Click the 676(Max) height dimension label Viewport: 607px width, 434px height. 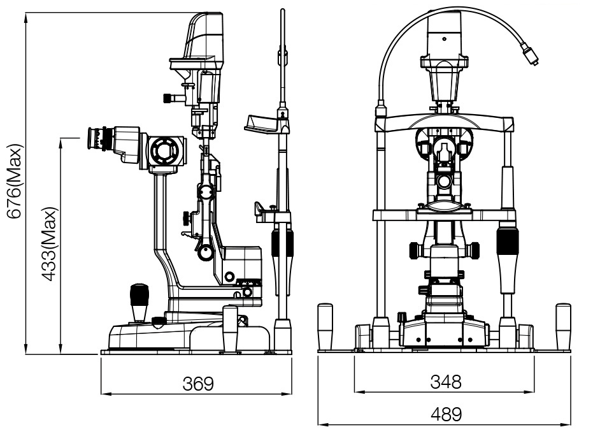[x=14, y=181]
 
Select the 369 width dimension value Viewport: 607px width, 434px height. [x=197, y=384]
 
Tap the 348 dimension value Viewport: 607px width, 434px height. [x=445, y=381]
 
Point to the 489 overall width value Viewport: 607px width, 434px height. [x=445, y=415]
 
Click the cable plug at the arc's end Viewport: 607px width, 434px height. [x=531, y=53]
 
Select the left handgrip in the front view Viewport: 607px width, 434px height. [x=326, y=326]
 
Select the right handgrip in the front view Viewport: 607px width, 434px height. [x=564, y=326]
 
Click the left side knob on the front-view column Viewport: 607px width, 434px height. [x=415, y=250]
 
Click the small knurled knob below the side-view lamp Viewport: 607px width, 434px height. [x=169, y=98]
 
